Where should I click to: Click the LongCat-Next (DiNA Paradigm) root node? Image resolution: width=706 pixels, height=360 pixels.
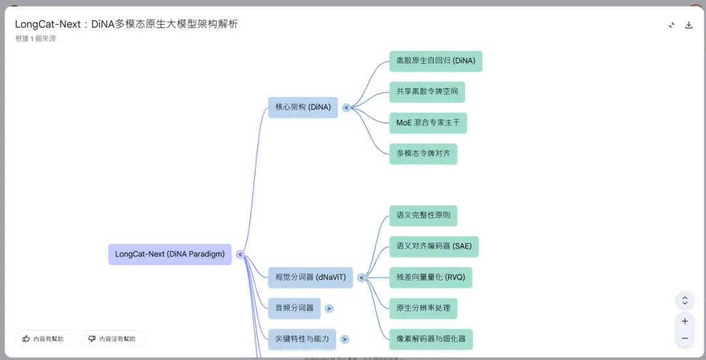(x=170, y=254)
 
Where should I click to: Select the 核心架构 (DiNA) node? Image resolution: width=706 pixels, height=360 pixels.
(x=303, y=107)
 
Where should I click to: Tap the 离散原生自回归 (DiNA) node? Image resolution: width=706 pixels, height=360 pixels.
(x=435, y=61)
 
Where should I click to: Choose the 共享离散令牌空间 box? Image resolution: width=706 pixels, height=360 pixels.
(x=427, y=92)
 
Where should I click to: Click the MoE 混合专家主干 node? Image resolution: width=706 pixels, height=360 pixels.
(x=428, y=123)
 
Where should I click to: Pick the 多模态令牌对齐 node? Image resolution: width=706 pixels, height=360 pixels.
(x=423, y=154)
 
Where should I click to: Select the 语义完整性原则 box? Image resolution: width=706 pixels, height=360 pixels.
(x=423, y=216)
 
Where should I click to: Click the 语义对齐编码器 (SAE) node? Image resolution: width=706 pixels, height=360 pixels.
(x=433, y=246)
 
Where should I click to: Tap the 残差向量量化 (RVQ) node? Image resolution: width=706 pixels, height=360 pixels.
(x=430, y=278)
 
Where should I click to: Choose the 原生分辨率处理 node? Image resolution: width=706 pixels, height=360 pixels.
(x=423, y=308)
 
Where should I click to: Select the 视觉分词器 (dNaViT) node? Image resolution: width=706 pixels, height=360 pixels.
(x=311, y=278)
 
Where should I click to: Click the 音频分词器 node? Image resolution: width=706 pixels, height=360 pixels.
(x=294, y=308)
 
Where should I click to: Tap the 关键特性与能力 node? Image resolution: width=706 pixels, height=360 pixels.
(x=302, y=339)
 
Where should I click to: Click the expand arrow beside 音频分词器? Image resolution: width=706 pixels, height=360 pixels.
(x=329, y=308)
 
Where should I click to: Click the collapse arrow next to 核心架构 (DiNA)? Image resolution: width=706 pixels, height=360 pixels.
(x=346, y=107)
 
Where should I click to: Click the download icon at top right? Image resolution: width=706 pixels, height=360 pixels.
(x=688, y=25)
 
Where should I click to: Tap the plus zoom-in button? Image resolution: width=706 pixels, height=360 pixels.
(x=684, y=321)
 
